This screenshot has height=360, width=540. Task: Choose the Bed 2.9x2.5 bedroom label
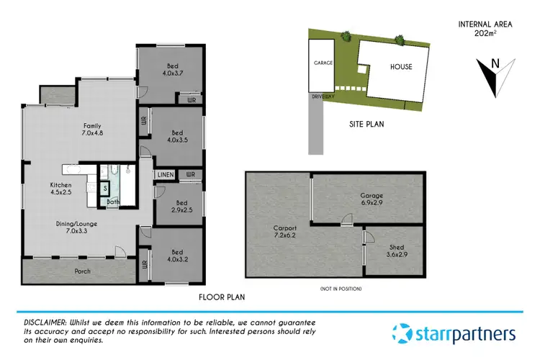click(177, 197)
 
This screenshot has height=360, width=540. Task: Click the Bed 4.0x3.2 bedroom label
click(177, 256)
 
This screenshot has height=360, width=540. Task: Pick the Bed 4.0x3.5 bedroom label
click(177, 136)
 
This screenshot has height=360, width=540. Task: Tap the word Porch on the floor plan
click(83, 272)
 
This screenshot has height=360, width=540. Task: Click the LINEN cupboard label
click(164, 174)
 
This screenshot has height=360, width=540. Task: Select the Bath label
click(113, 202)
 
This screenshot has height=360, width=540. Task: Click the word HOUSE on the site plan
click(401, 67)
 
